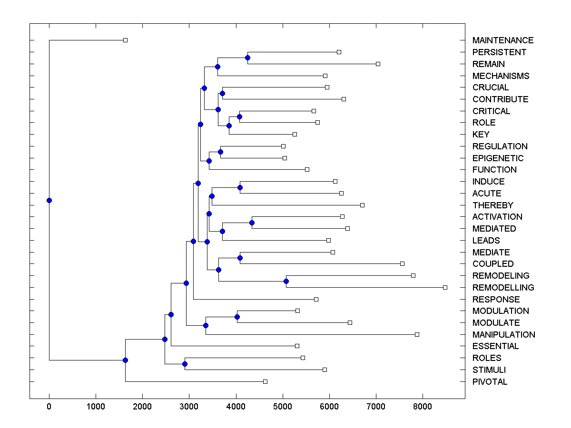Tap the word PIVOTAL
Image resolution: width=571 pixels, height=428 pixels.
tap(490, 382)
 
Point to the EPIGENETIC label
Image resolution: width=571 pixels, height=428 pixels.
tap(498, 158)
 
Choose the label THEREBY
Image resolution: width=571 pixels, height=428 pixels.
tap(492, 205)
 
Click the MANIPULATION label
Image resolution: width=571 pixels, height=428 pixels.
tap(503, 335)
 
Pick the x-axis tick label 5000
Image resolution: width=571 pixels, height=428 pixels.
tap(283, 406)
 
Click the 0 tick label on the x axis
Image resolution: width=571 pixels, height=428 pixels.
tap(49, 406)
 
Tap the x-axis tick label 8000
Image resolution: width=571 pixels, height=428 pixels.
tap(423, 406)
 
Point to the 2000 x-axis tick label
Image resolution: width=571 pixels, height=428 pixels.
tap(142, 406)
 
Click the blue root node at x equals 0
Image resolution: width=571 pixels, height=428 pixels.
tap(49, 200)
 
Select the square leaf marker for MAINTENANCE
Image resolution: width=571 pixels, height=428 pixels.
tap(125, 40)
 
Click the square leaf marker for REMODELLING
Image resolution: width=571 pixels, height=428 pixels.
tap(445, 287)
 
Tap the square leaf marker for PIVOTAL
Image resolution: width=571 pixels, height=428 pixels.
tap(265, 381)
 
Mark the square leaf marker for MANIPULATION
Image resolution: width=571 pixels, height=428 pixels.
tap(417, 334)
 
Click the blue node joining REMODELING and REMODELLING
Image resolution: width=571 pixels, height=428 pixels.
tap(286, 282)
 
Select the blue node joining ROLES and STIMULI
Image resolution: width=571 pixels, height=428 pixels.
tap(185, 364)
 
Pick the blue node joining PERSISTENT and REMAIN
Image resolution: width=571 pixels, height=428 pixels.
tap(247, 58)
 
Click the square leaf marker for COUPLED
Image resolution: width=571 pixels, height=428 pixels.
tap(402, 263)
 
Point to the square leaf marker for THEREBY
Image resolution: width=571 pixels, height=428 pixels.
tap(362, 205)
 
